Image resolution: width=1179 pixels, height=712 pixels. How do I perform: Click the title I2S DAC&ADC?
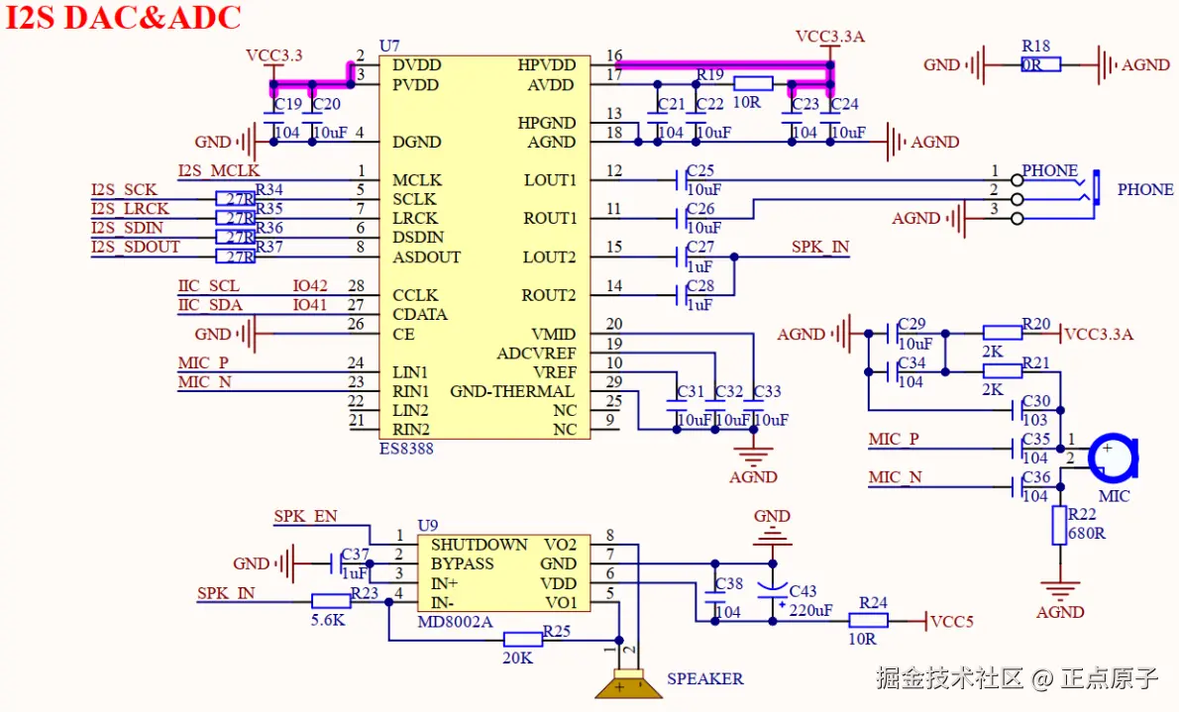[124, 18]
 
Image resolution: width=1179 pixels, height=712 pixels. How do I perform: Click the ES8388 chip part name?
[406, 449]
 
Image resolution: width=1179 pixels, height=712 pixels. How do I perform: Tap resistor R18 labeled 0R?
[1040, 64]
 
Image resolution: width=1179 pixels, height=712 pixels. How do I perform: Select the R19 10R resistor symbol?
[753, 84]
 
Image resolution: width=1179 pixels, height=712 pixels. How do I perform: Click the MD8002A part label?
[455, 622]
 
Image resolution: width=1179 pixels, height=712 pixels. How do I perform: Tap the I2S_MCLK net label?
[218, 171]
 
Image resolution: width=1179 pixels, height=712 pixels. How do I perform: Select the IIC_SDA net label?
[210, 305]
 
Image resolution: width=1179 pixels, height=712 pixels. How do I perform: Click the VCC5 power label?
[952, 622]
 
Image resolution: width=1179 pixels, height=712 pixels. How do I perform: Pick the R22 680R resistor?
[1059, 525]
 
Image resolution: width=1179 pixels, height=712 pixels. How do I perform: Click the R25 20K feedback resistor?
[523, 640]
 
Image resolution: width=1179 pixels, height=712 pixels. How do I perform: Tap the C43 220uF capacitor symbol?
[773, 592]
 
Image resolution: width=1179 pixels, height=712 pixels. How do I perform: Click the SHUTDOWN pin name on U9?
[479, 545]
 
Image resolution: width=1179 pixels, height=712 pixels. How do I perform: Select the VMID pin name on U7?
[554, 334]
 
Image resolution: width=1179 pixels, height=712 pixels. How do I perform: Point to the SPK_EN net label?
[305, 516]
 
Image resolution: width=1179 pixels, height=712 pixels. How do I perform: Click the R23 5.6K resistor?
[330, 601]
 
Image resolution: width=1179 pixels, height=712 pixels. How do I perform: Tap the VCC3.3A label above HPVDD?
[830, 37]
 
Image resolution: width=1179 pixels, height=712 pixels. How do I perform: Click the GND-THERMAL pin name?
[512, 391]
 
